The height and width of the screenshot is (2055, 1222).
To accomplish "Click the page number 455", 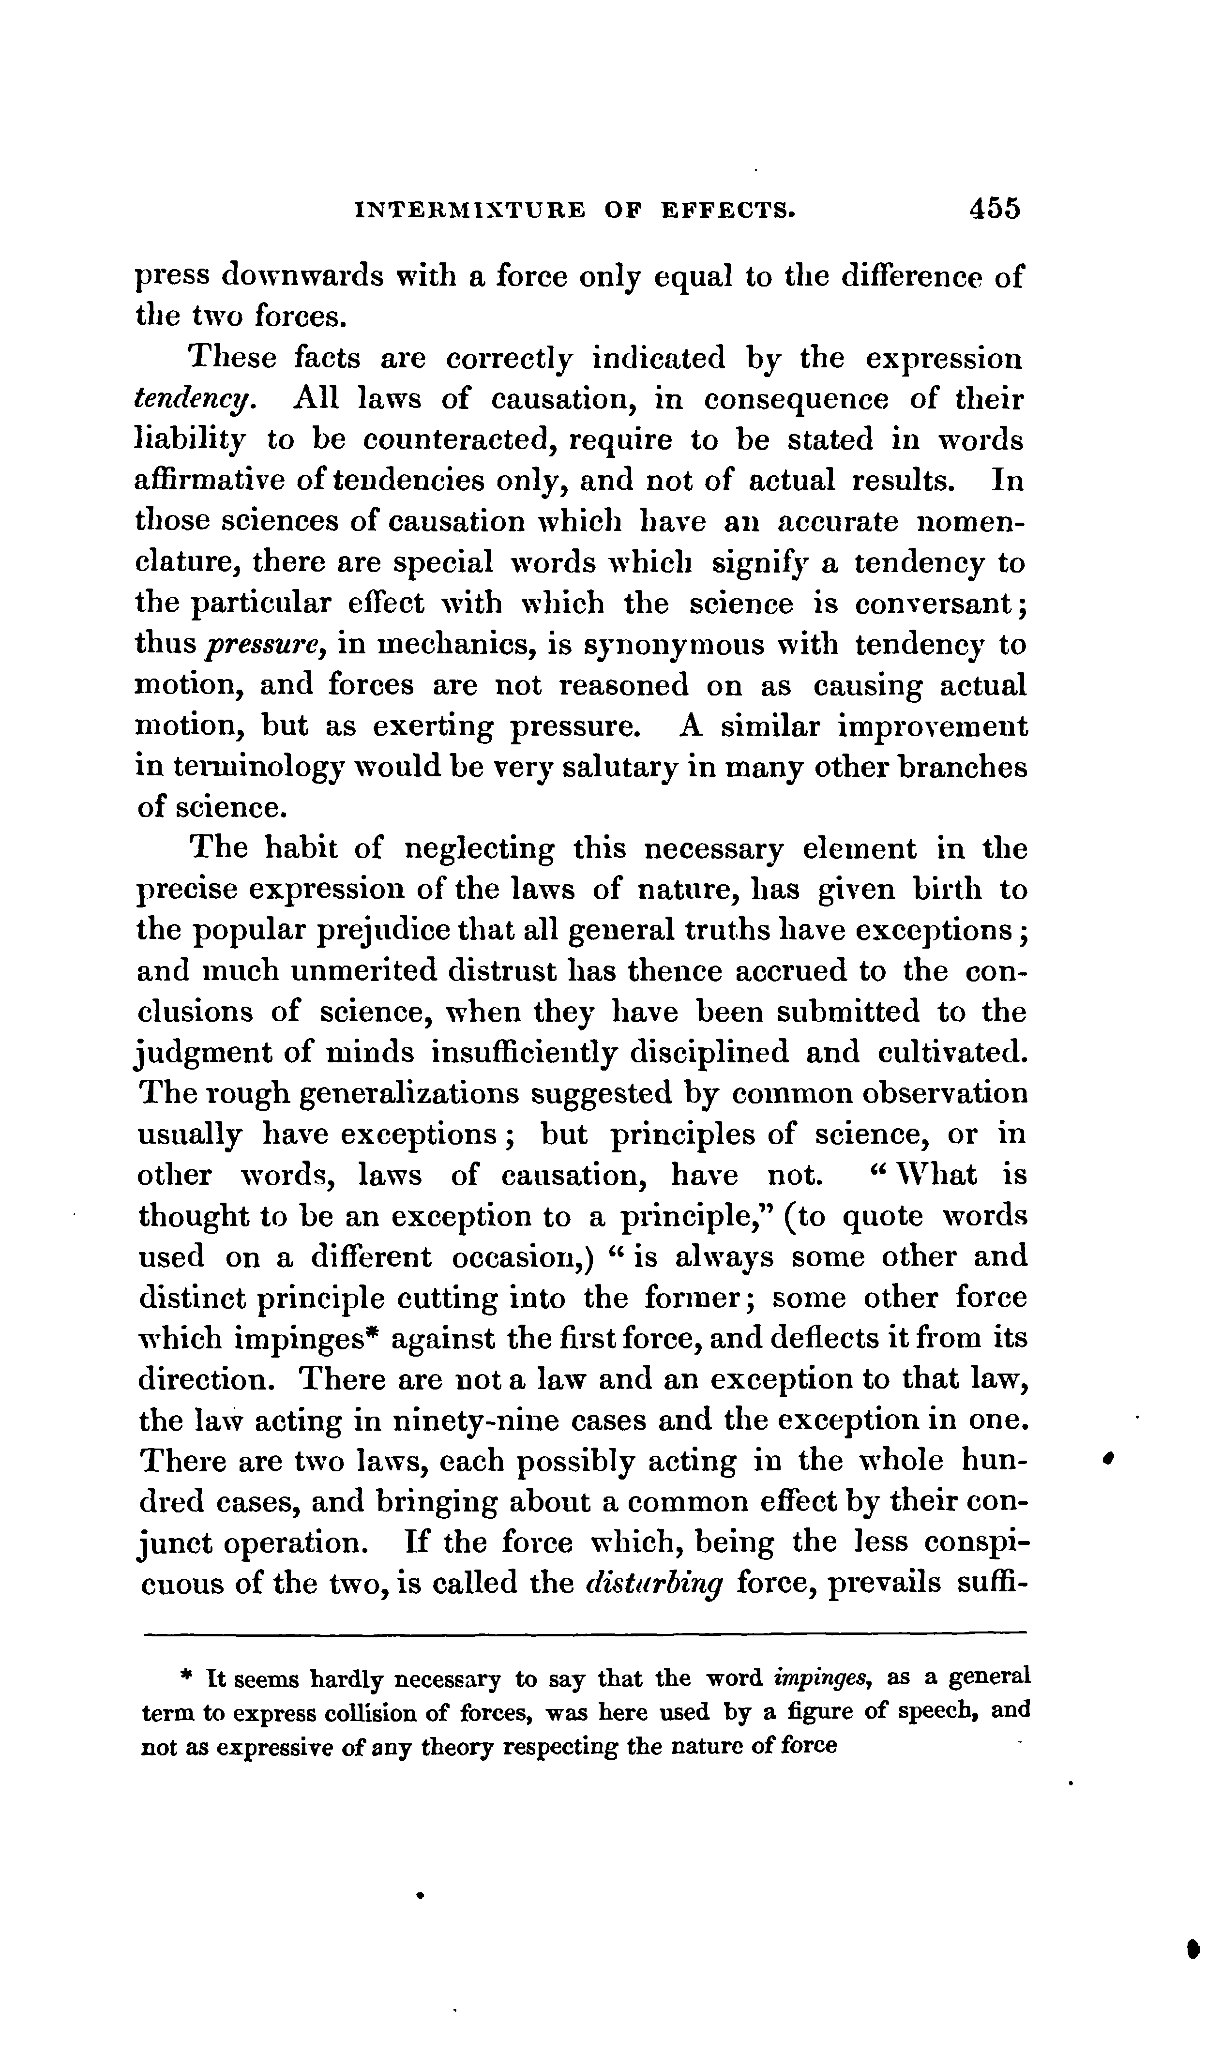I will click(995, 208).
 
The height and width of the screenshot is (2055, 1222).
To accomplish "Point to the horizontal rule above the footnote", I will click(585, 1632).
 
